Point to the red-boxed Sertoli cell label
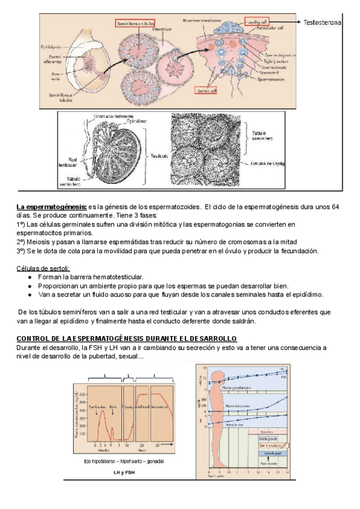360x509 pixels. (x=205, y=90)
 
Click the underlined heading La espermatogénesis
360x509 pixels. (x=52, y=207)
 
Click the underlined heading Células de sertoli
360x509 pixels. (x=43, y=268)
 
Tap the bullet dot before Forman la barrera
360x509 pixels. (x=30, y=277)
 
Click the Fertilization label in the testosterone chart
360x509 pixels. (x=94, y=406)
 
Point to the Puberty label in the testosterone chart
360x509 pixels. (x=128, y=406)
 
